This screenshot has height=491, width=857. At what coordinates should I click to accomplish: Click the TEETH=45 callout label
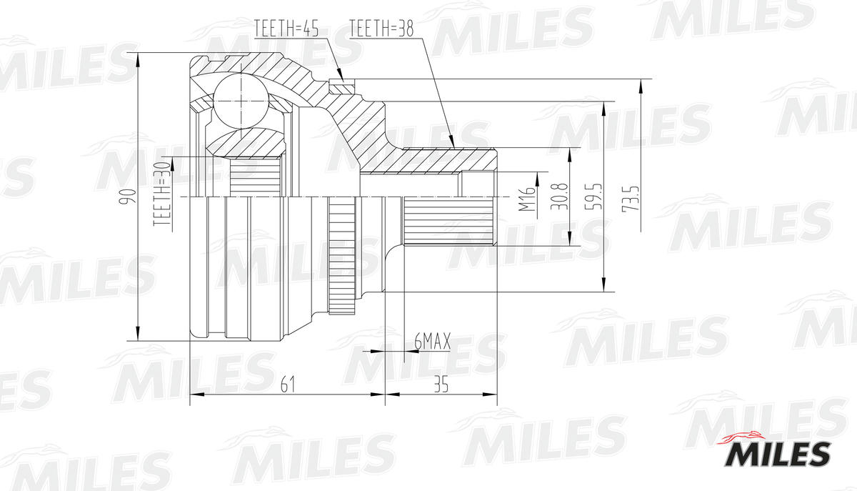pyautogui.click(x=286, y=29)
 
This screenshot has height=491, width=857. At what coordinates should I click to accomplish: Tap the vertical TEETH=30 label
pyautogui.click(x=164, y=193)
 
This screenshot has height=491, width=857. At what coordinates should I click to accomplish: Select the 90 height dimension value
pyautogui.click(x=128, y=197)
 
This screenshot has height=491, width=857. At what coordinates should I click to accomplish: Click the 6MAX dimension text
pyautogui.click(x=432, y=343)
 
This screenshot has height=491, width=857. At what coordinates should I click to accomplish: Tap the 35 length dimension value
pyautogui.click(x=441, y=385)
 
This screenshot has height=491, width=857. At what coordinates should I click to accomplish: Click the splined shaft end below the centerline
pyautogui.click(x=450, y=221)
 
